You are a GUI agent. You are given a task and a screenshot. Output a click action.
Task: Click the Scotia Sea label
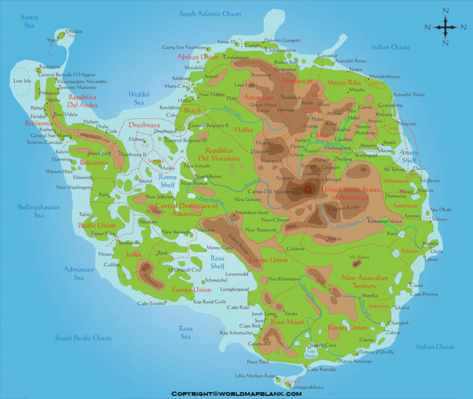coord(30,21)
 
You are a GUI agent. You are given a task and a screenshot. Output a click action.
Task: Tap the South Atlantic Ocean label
coord(210,13)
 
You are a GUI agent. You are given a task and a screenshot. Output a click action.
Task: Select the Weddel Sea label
coord(138,98)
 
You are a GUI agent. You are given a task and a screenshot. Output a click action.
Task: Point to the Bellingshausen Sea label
coord(39,212)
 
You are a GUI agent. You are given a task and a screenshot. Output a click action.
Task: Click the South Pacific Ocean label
coord(83,338)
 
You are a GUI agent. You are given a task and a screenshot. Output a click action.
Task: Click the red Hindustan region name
coord(297,81)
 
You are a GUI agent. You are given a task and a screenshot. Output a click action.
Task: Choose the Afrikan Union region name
coord(198,57)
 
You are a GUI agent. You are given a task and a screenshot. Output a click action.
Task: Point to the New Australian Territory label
coord(367,282)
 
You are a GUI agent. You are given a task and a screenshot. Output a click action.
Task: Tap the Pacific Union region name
coord(97,226)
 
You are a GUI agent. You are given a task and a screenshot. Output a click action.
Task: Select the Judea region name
coord(134,254)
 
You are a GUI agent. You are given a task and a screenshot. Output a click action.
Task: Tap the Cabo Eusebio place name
coord(152,303)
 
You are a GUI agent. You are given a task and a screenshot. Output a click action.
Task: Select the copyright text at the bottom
coord(236,393)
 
